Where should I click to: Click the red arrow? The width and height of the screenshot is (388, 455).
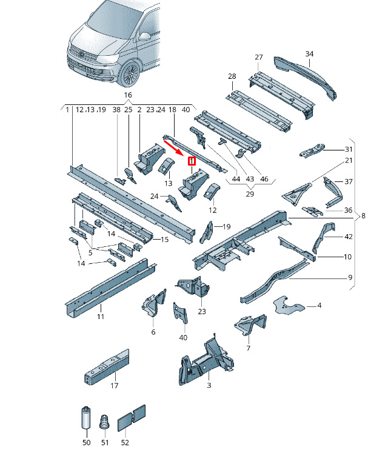point(173,148)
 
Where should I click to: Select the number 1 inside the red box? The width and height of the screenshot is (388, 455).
point(192,161)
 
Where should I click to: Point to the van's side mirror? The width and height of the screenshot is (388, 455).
point(144,36)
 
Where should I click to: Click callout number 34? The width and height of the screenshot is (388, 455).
point(309,54)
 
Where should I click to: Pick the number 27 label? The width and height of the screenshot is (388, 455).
point(259,58)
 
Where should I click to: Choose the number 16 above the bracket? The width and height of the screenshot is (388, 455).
point(128,95)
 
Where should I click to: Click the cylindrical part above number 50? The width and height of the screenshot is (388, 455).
point(86,417)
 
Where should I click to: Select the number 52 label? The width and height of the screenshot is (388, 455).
point(125,443)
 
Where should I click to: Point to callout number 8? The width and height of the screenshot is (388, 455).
point(363,216)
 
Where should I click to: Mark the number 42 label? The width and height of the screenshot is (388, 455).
point(348,237)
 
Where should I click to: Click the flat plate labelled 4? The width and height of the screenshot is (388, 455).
point(288,306)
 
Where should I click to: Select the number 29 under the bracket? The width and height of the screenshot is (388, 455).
point(250,194)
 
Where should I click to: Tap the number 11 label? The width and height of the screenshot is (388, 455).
point(101,317)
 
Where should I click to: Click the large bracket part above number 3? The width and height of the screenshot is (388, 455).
point(206,361)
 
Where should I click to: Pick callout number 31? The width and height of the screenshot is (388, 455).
point(348,149)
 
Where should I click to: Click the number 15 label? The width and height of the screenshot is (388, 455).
point(164,240)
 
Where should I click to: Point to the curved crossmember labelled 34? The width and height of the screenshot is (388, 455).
point(306,78)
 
